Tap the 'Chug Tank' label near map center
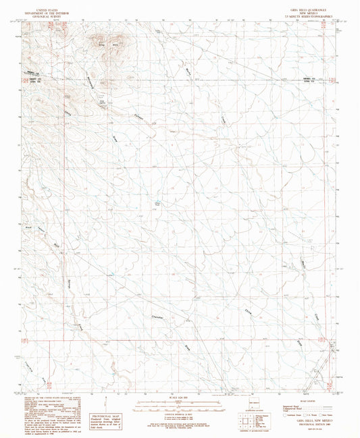click(159, 203)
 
